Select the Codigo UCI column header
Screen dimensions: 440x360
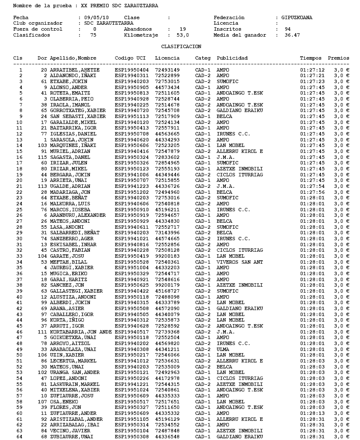[x=130, y=58]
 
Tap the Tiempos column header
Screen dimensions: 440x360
[x=311, y=58]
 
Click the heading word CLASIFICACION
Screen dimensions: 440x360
[x=181, y=46]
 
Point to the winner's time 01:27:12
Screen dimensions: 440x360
[x=312, y=70]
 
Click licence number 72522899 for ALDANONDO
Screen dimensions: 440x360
[x=167, y=75]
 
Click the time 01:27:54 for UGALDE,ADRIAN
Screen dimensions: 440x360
[x=312, y=186]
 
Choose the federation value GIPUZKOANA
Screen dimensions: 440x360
[x=297, y=17]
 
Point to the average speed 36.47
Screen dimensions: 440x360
[x=292, y=35]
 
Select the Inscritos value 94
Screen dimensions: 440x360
[x=288, y=29]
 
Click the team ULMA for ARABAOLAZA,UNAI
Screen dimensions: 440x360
[x=223, y=349]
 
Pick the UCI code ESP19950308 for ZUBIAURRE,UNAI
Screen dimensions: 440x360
[x=132, y=436]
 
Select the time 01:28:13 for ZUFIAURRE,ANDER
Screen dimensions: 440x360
[x=312, y=413]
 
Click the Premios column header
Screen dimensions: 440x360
[x=339, y=58]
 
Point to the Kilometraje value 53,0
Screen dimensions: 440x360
[x=183, y=35]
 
